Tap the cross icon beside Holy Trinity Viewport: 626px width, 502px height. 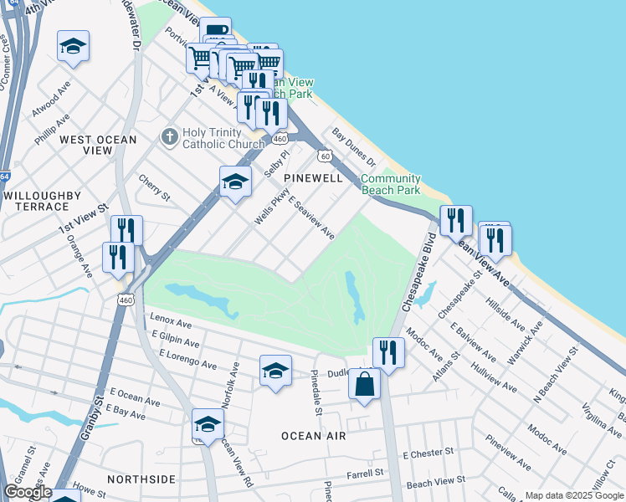[169, 136]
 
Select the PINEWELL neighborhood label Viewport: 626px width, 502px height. [313, 178]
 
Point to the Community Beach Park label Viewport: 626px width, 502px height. [390, 184]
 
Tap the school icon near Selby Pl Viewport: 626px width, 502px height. [235, 182]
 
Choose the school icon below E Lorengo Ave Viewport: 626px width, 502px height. [275, 371]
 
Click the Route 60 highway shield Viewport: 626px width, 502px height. [324, 156]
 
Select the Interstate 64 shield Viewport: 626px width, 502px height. [5, 177]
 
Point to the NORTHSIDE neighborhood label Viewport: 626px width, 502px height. [141, 479]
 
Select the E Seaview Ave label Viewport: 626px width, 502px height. [310, 218]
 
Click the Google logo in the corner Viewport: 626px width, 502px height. [28, 492]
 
